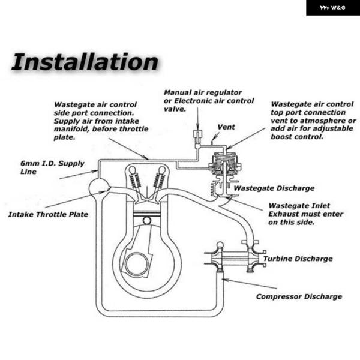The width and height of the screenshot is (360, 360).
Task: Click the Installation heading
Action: click(85, 62)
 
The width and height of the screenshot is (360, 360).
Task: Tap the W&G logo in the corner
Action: click(332, 8)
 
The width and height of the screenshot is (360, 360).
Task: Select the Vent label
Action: click(226, 127)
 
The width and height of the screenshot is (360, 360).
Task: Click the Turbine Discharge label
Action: click(298, 259)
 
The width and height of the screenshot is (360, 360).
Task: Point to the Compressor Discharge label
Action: click(299, 296)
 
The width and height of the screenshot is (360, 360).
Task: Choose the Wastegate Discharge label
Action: click(274, 188)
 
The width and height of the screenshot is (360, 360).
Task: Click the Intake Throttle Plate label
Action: click(48, 214)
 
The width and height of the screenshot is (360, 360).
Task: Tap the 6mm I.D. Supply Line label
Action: click(52, 167)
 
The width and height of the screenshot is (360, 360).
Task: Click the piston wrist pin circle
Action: click(147, 221)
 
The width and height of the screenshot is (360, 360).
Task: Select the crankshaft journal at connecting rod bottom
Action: click(137, 264)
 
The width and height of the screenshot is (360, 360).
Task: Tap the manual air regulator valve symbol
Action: click(197, 136)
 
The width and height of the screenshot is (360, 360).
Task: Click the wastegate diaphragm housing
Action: click(225, 163)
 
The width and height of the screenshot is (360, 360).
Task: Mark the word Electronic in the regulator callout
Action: click(194, 101)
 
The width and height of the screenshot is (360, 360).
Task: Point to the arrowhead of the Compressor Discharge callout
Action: click(224, 280)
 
